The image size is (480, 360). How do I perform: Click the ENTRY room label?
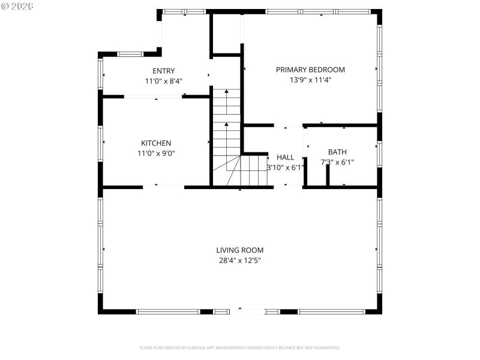click(164, 71)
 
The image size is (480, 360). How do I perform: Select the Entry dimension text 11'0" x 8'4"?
click(164, 80)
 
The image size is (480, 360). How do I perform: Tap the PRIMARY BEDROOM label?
click(310, 70)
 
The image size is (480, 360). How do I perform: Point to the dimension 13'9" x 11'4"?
click(310, 79)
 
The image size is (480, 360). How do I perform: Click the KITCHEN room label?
click(156, 143)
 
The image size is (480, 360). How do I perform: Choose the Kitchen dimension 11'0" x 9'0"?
click(156, 153)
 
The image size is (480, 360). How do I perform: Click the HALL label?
click(285, 157)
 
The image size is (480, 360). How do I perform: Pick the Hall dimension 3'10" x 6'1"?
click(285, 167)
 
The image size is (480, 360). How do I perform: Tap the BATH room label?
click(337, 152)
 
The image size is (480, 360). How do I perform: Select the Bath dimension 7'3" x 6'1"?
click(337, 162)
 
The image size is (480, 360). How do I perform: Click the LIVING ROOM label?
click(240, 250)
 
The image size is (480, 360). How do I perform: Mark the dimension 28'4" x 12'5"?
click(240, 260)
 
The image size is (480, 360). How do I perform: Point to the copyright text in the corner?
click(17, 5)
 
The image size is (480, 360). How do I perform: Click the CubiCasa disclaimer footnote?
click(240, 347)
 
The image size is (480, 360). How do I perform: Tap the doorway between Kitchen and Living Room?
click(163, 187)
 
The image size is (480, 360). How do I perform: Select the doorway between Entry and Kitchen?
click(153, 96)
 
